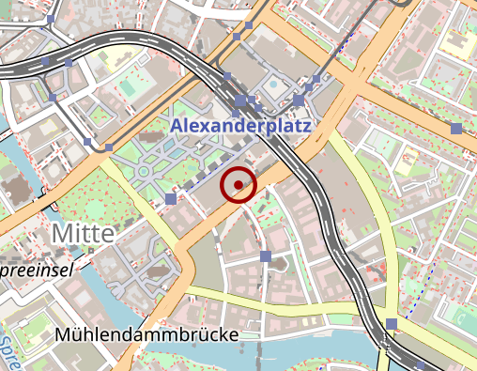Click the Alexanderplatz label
point(241,124)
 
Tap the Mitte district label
point(84,232)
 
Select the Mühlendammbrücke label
point(146,335)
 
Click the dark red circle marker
point(238,185)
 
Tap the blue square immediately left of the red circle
point(170,198)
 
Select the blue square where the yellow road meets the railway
point(391,324)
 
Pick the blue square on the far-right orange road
point(456,129)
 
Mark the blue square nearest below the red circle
point(266,255)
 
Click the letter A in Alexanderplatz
point(177,124)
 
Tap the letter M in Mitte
point(61,232)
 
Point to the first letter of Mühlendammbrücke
point(63,334)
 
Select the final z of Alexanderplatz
point(306,124)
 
